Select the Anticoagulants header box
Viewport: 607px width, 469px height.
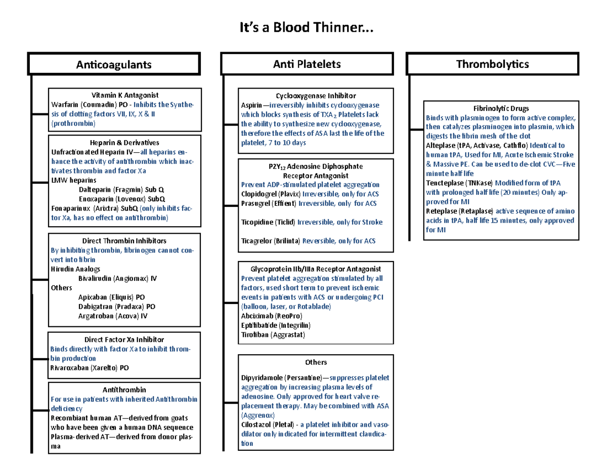114,64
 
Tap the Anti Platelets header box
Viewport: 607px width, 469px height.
307,64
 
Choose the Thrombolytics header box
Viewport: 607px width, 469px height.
492,64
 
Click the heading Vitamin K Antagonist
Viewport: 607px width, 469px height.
124,95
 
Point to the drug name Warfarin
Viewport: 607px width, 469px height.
63,104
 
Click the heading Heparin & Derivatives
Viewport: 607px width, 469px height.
124,143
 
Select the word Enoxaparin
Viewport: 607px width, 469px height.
96,198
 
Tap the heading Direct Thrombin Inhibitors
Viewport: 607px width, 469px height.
124,241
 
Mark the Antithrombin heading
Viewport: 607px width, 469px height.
124,390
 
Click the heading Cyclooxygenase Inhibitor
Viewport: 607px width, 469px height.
316,96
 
